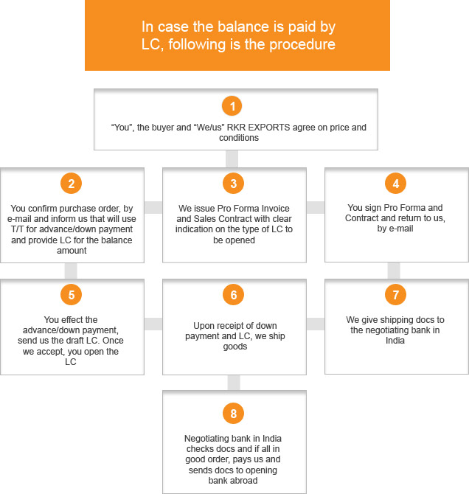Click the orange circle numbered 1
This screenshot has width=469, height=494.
tap(232, 106)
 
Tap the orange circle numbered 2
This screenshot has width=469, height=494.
tap(72, 184)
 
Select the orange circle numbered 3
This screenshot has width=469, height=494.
tap(234, 184)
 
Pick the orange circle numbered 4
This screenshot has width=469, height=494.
tap(395, 184)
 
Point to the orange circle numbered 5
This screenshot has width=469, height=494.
tap(72, 295)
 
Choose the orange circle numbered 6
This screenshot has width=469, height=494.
tap(234, 295)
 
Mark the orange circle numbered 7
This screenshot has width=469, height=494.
tap(395, 295)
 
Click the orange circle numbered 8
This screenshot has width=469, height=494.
tap(234, 414)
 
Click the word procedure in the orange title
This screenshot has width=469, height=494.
tap(302, 45)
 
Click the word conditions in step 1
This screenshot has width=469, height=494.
tap(239, 138)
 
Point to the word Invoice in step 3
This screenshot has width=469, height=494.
tap(276, 208)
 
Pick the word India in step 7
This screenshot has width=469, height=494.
tap(395, 341)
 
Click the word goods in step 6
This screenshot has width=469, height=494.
tap(235, 347)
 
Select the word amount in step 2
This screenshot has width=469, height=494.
tap(72, 251)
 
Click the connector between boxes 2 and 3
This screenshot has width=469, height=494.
tap(153, 208)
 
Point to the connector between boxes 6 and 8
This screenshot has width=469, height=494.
tap(234, 383)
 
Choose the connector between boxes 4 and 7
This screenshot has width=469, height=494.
tap(394, 271)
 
